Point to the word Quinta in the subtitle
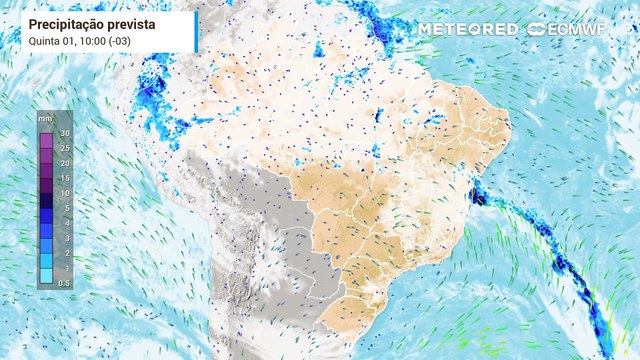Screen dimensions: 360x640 pos(45,41)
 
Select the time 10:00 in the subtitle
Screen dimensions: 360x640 pos(86,41)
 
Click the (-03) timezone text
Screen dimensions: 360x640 pos(117,41)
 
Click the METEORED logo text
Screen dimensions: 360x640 pos(468,29)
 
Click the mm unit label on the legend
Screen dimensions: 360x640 pos(45,119)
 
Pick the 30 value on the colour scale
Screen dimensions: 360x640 pos(63,133)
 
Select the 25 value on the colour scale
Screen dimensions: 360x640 pos(63,148)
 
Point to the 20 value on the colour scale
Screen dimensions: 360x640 pos(63,163)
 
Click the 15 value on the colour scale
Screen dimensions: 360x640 pos(63,178)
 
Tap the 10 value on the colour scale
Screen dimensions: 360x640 pos(63,193)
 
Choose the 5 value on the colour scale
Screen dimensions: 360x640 pos(64,208)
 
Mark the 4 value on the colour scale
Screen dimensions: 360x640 pos(64,223)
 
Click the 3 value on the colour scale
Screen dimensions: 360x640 pos(64,238)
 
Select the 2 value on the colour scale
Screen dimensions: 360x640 pos(64,253)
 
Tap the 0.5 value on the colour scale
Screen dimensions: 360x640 pos(63,283)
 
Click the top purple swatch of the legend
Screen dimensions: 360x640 pos(46,140)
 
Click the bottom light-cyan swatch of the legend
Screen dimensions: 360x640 pos(46,276)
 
